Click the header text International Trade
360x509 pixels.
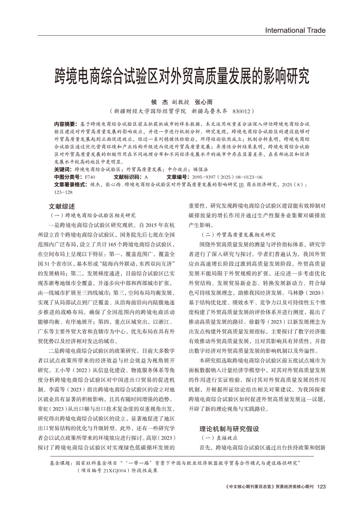(x=295, y=30)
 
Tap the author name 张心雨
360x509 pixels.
(x=203, y=102)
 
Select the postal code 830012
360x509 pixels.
(x=240, y=111)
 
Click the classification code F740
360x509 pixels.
(x=90, y=177)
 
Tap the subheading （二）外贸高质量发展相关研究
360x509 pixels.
(x=237, y=234)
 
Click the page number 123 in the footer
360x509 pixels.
(x=322, y=499)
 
